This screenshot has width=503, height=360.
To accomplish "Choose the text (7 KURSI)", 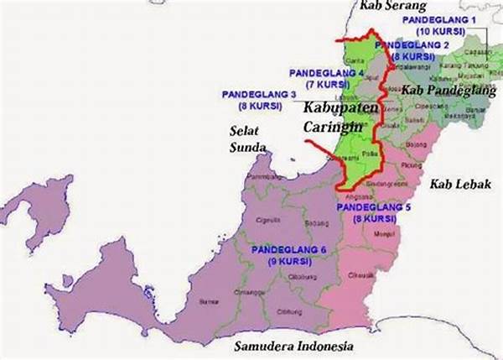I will [327, 85].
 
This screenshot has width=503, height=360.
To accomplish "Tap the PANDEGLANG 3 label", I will [260, 94].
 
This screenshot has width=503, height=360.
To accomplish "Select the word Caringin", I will [332, 126].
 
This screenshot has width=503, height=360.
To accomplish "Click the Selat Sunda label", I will [247, 139].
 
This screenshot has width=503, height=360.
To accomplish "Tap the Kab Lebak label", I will [459, 183].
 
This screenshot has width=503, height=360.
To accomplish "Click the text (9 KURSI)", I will [288, 262].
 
